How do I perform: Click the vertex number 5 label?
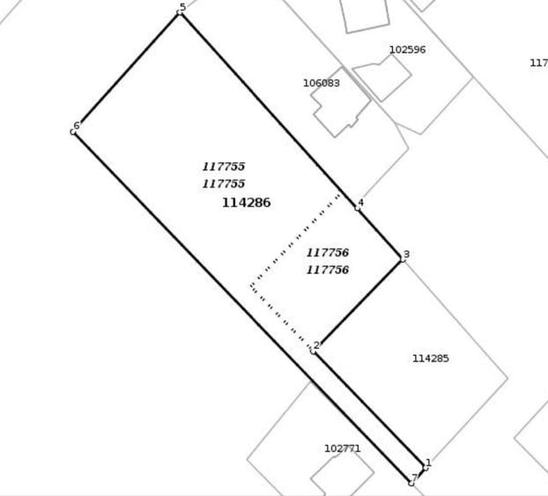pos(182,7)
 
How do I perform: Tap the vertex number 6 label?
pos(77,125)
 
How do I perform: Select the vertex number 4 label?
pos(360,203)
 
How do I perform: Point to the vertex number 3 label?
pos(406,254)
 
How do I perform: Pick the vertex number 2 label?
pos(316,345)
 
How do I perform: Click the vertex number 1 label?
pos(428,463)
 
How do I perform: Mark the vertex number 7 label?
pos(414,477)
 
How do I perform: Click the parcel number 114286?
pos(247,203)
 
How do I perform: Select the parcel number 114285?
pos(431,359)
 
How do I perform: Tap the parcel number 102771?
pos(343,448)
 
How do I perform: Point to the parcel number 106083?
pos(322,83)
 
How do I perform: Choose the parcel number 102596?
pos(408,49)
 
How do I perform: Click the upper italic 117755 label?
pos(224,167)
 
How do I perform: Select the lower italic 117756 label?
pos(328,270)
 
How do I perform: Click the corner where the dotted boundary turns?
pos(251,286)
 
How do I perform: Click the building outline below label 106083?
pos(340,102)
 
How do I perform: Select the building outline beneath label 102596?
pos(381,78)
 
